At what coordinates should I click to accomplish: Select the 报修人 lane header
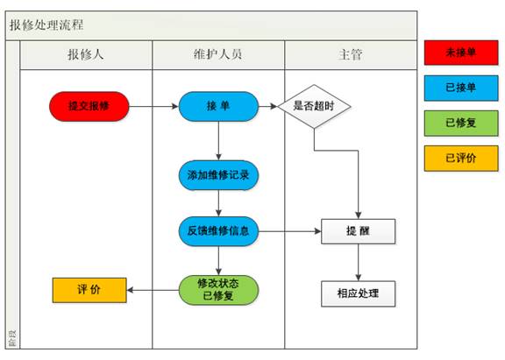tap(86, 54)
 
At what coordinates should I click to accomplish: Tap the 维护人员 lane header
tap(218, 54)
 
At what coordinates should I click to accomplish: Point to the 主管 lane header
tap(350, 54)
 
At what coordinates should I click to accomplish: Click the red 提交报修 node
tap(89, 107)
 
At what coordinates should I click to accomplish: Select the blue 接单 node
tap(218, 107)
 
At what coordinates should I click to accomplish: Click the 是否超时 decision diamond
tap(315, 107)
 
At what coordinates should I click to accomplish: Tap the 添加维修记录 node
tap(218, 174)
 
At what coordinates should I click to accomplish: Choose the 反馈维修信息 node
tap(218, 231)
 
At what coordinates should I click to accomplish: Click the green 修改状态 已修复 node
tap(218, 289)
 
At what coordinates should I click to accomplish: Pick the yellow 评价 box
tap(89, 290)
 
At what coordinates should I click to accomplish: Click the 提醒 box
tap(359, 231)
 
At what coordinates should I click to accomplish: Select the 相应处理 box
tap(359, 293)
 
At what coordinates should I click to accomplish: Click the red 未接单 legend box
tap(460, 53)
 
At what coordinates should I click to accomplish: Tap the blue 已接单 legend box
tap(460, 88)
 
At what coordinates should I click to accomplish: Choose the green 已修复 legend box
tap(460, 124)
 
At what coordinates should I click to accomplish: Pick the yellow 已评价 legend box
tap(460, 159)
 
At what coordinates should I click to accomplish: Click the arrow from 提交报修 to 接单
tap(153, 107)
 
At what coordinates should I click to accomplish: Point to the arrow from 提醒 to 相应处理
tap(359, 262)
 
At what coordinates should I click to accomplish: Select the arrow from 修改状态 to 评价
tap(153, 290)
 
